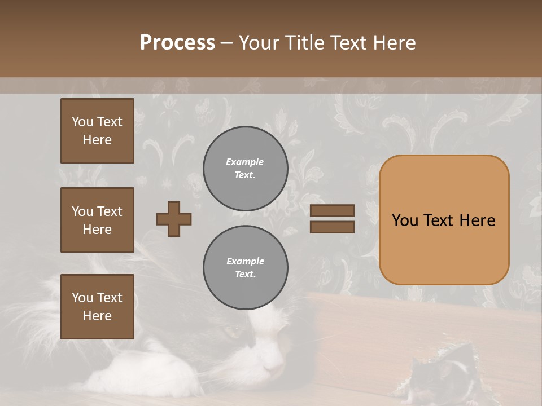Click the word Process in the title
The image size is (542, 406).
tap(177, 43)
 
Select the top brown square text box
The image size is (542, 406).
tap(97, 131)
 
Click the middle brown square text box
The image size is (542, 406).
tap(97, 220)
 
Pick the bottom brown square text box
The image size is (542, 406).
tap(97, 307)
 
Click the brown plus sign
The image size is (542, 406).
tap(174, 219)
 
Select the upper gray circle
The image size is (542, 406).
tap(245, 168)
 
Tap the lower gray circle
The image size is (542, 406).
tap(245, 267)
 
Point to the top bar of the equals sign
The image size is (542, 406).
tap(332, 210)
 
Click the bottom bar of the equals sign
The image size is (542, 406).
tap(332, 227)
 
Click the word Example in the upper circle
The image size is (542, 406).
tap(245, 162)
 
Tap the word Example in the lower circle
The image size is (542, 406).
tap(245, 261)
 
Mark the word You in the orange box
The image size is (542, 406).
tap(405, 220)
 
